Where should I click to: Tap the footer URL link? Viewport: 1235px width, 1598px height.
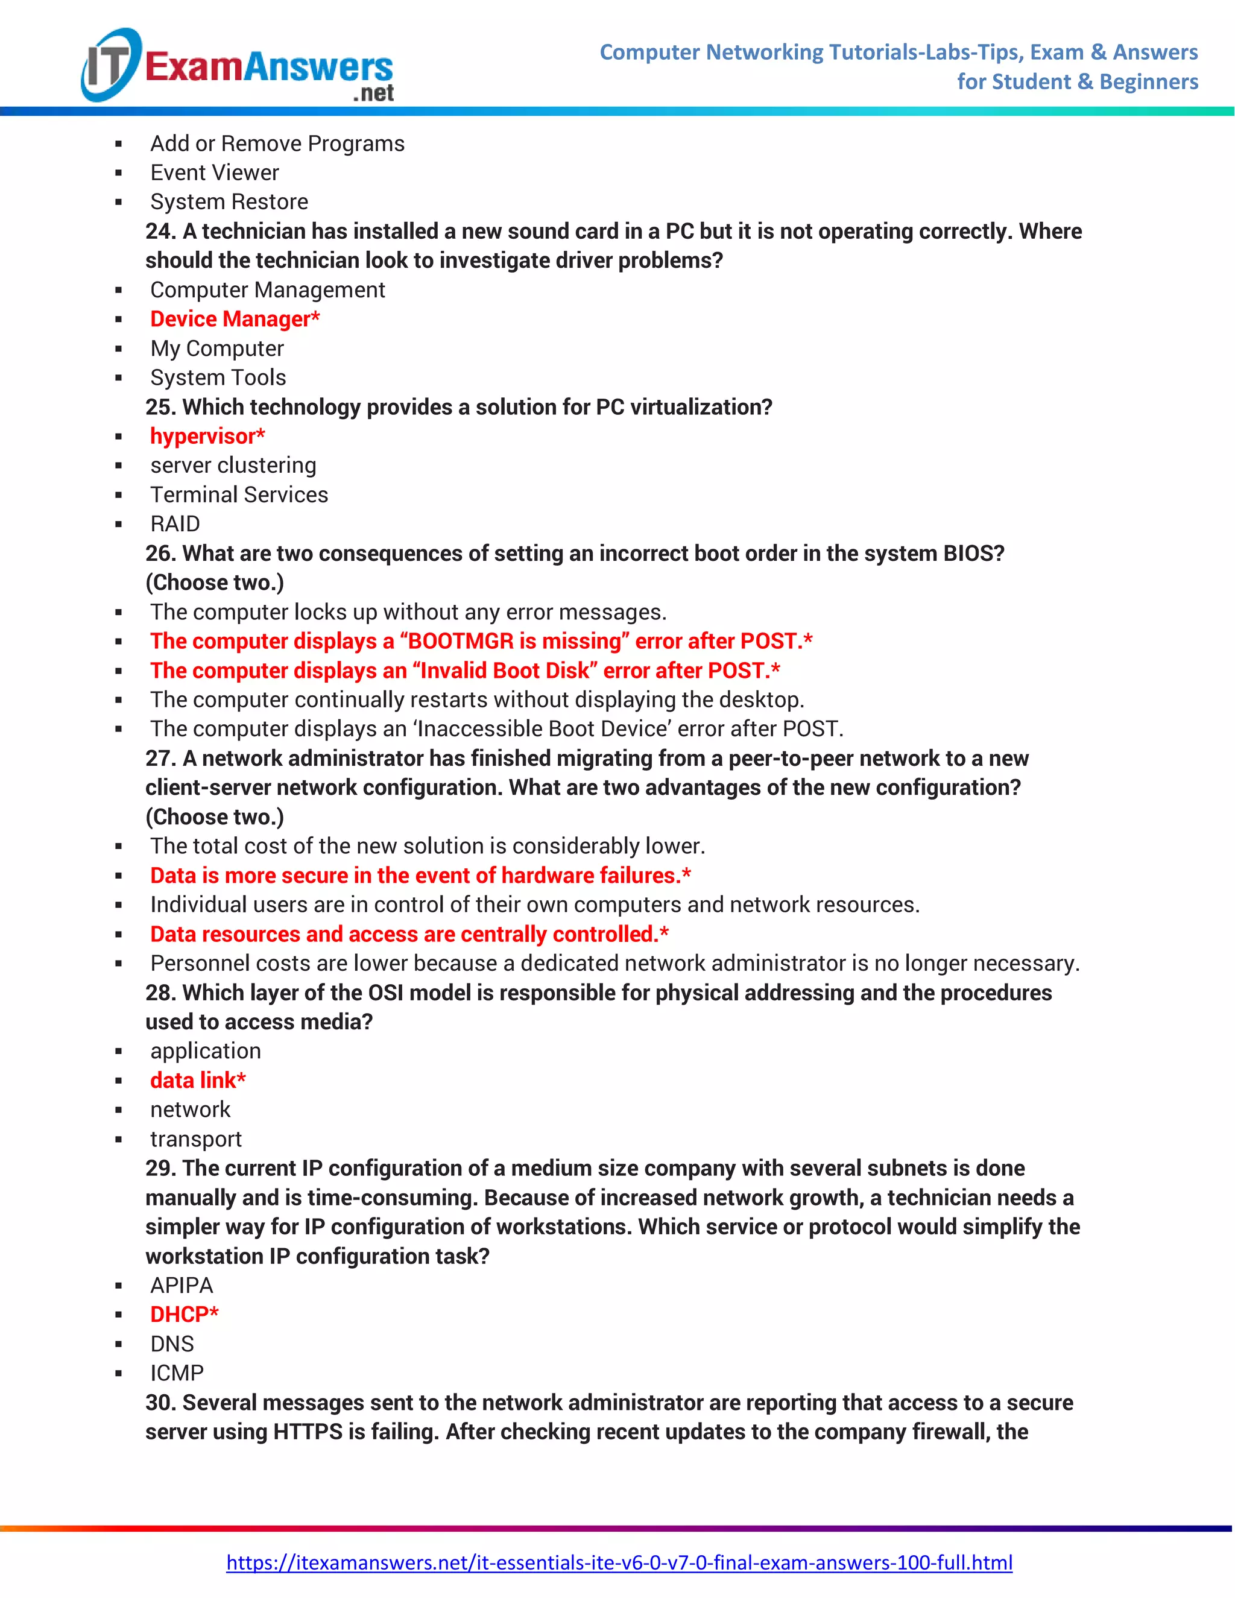click(619, 1562)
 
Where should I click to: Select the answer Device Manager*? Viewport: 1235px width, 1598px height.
click(234, 319)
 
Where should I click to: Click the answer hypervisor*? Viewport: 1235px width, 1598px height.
click(207, 436)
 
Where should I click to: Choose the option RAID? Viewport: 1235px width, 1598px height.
click(175, 524)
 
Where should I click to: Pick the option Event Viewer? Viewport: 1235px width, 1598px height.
click(214, 172)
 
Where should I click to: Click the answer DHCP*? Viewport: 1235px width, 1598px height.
click(184, 1314)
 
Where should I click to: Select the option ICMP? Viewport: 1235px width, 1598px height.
click(177, 1372)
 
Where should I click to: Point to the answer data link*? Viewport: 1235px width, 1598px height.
click(198, 1080)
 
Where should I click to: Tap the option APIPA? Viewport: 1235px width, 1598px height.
click(182, 1285)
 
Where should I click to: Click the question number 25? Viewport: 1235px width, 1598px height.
click(160, 407)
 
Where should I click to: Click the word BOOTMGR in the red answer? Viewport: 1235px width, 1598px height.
click(461, 641)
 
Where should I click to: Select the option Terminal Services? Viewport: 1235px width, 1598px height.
click(239, 494)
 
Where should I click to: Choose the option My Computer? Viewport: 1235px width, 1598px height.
click(216, 349)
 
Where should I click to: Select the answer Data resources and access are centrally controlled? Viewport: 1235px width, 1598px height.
click(409, 933)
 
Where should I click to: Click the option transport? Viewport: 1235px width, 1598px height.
click(195, 1138)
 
